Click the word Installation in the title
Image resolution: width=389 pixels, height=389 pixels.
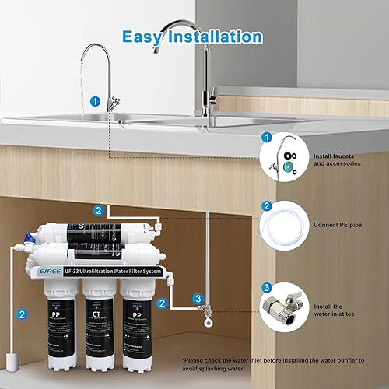pos(215,37)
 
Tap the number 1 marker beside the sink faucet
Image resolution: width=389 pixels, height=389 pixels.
pos(94,100)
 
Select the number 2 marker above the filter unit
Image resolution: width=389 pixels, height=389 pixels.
pos(98,210)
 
